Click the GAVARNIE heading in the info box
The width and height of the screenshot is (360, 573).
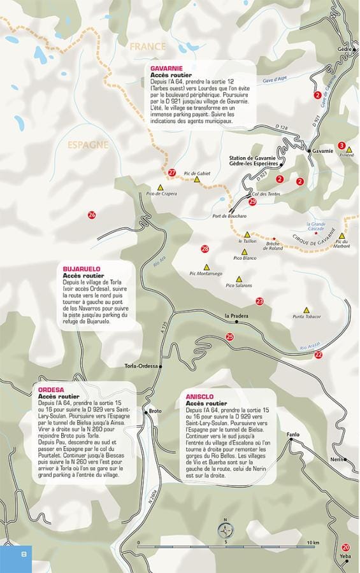pyautogui.click(x=167, y=68)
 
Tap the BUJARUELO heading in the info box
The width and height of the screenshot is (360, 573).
pyautogui.click(x=82, y=269)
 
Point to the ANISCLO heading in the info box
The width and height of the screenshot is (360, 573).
pyautogui.click(x=199, y=397)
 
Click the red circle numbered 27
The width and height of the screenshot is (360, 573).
pyautogui.click(x=172, y=173)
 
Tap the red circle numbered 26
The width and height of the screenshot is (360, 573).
pyautogui.click(x=92, y=215)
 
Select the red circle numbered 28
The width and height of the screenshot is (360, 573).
pyautogui.click(x=205, y=249)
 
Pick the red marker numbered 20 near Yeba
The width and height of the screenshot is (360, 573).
pyautogui.click(x=345, y=547)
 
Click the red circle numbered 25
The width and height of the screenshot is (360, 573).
pyautogui.click(x=230, y=337)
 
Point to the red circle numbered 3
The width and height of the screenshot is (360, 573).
pyautogui.click(x=342, y=146)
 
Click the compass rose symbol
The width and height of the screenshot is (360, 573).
pyautogui.click(x=225, y=530)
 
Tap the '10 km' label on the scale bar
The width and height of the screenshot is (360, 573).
pyautogui.click(x=312, y=542)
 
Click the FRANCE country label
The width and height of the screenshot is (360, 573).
pyautogui.click(x=147, y=46)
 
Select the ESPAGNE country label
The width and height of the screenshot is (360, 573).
pyautogui.click(x=88, y=145)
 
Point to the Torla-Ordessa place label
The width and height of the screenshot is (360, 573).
pyautogui.click(x=141, y=366)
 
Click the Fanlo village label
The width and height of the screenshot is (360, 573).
pyautogui.click(x=292, y=435)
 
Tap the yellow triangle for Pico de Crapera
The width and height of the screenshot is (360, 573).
pyautogui.click(x=161, y=187)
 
